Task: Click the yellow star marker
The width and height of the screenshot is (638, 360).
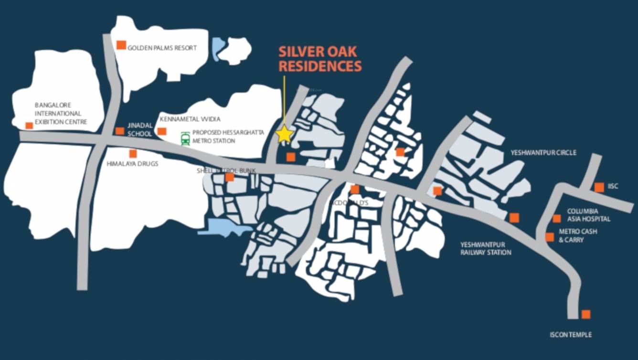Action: (x=285, y=134)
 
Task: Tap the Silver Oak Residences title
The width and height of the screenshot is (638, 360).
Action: (x=320, y=59)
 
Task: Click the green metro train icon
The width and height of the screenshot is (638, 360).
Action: (x=185, y=138)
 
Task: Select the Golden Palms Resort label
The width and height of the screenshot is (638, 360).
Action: (x=162, y=48)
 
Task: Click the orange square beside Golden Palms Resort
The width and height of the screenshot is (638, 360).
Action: (x=121, y=45)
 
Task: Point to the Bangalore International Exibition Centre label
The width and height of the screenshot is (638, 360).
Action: (x=60, y=114)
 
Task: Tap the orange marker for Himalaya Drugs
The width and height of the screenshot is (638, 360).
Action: (x=133, y=154)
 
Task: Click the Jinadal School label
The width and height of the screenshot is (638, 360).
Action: (x=139, y=129)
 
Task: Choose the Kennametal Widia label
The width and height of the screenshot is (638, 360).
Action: (x=190, y=119)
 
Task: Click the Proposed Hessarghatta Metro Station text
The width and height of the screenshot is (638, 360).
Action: (x=228, y=137)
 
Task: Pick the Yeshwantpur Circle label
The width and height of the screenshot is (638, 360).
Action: (x=543, y=153)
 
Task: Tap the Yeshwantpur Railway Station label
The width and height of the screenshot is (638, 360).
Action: (x=486, y=248)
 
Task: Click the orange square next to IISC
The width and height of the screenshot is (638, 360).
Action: (x=599, y=187)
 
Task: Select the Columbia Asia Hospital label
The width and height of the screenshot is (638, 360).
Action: (x=588, y=215)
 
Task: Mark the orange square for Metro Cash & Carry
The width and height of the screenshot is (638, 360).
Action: (x=550, y=237)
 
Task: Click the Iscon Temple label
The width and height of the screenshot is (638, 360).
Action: (x=570, y=335)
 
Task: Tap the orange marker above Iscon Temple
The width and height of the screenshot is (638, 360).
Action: (x=585, y=314)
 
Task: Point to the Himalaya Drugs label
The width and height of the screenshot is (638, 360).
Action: (x=132, y=164)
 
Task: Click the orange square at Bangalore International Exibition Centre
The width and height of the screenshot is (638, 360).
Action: (x=29, y=126)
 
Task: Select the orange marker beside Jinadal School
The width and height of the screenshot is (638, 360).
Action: (x=119, y=131)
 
